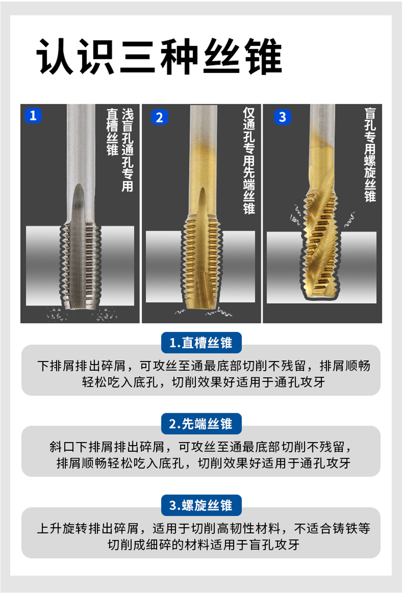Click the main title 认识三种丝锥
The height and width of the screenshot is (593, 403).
coord(159,56)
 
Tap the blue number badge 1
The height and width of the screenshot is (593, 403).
coord(33,116)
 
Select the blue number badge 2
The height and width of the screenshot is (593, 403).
coord(160,117)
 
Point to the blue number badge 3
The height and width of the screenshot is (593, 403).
coord(283,117)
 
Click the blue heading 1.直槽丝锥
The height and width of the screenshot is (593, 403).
coord(201,343)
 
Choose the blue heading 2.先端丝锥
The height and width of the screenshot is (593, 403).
coord(201,424)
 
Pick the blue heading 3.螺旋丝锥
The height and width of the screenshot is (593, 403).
coord(201,505)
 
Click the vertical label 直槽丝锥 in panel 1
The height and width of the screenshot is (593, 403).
coord(112,132)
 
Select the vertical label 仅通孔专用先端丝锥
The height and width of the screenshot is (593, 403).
coord(249,161)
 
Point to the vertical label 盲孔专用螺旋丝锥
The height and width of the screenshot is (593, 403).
coord(370,155)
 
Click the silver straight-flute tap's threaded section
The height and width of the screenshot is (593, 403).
coord(80,264)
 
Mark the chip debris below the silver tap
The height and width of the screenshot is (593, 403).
coord(81,314)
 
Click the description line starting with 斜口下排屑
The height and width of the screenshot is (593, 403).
coord(200,447)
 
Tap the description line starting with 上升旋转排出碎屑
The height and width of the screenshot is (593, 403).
coord(204,529)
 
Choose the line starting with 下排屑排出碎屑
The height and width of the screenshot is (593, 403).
coord(204,366)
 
